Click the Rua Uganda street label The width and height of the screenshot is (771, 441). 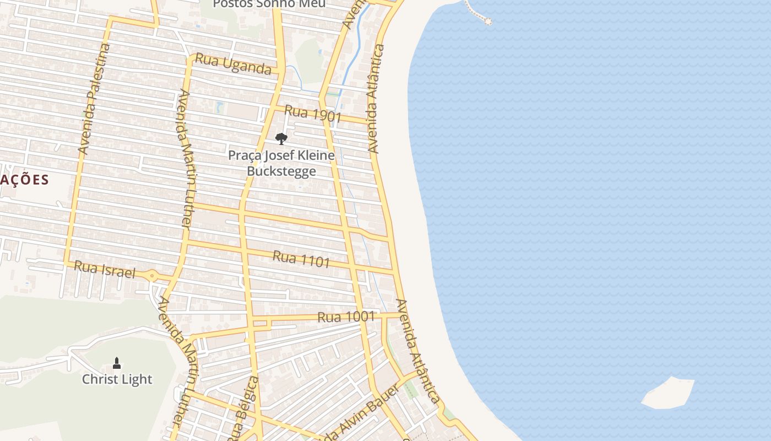pos(234,63)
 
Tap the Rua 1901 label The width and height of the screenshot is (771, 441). pos(313,114)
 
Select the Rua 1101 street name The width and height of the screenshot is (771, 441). pos(301,259)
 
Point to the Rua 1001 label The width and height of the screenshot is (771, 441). pos(346,317)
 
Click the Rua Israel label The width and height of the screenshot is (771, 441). pos(104,270)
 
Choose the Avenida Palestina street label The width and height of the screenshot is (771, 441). pos(94,99)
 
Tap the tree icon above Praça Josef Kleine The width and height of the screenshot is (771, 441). pos(281,138)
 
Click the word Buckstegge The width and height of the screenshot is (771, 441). pos(281,171)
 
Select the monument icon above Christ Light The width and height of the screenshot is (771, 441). pos(117,363)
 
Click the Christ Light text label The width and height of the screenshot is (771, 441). pos(117,379)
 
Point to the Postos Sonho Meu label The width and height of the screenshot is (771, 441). pos(269,4)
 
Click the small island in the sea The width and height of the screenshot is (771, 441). pos(668,393)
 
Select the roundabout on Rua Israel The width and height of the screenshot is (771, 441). pos(152,275)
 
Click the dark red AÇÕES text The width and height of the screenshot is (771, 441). pos(25,180)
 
